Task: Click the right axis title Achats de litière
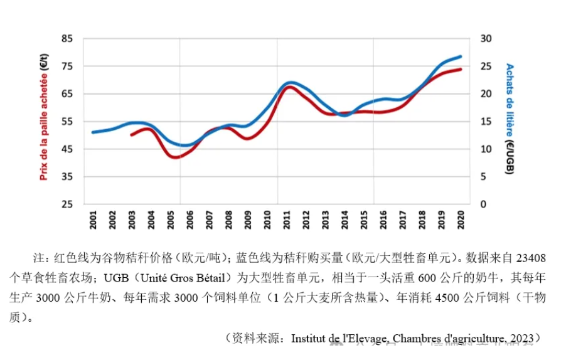[510, 118]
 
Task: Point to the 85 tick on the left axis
[68, 39]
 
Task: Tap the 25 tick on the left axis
[68, 204]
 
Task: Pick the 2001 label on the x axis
[93, 220]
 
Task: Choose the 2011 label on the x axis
[287, 220]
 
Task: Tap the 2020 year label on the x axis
[461, 220]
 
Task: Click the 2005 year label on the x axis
[171, 220]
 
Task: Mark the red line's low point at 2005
[175, 157]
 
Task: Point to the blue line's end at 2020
[461, 56]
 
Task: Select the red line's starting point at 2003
[131, 135]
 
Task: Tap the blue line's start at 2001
[93, 132]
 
